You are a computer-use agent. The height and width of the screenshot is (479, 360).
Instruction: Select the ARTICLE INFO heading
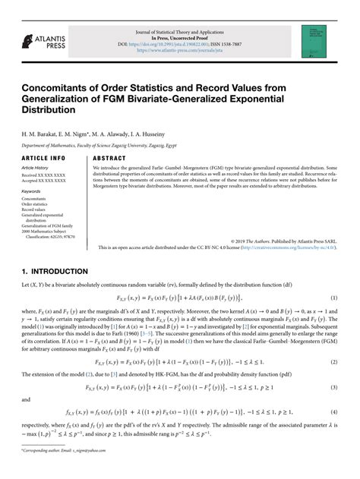43,158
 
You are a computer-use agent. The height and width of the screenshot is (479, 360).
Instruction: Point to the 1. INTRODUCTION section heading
55,271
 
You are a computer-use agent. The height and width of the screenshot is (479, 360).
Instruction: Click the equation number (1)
333,298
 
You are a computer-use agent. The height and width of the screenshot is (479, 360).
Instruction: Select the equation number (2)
333,342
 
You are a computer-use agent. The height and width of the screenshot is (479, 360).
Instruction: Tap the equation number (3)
333,367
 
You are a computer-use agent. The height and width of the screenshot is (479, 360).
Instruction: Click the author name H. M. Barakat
39,133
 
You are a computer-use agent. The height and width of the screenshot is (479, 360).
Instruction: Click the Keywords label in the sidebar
31,191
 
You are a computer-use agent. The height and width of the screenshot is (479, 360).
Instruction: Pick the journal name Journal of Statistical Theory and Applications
180,32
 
